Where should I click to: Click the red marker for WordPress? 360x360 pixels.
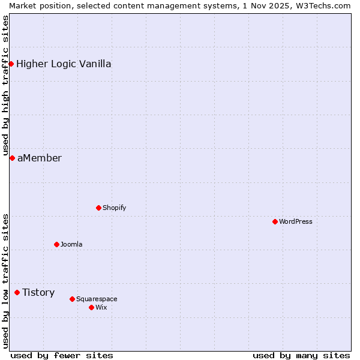click(275, 221)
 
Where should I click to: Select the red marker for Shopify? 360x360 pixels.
click(98, 208)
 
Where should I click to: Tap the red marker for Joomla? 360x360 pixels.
click(56, 244)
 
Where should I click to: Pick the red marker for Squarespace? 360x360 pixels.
click(72, 299)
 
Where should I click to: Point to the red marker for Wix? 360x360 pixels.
click(91, 307)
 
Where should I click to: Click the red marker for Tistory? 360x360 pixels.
click(17, 292)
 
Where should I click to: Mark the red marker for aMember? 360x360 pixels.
click(12, 158)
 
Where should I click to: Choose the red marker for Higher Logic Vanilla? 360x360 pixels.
click(11, 64)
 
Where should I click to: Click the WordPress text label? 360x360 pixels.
click(296, 221)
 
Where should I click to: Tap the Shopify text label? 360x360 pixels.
click(115, 208)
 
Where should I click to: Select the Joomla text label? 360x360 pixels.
click(71, 244)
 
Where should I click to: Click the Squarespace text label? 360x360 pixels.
click(97, 299)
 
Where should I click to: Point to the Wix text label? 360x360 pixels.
click(101, 307)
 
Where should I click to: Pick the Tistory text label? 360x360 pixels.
click(38, 292)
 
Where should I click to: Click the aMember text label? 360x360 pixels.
click(40, 158)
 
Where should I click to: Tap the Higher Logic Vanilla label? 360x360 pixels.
click(64, 64)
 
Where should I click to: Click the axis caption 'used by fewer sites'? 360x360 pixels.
click(62, 355)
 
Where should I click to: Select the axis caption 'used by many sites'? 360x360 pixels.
click(301, 355)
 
